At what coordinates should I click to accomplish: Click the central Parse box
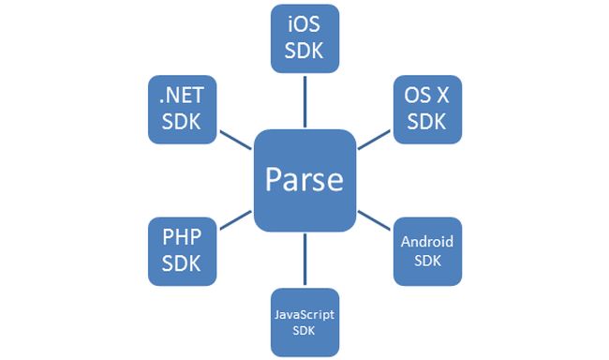[x=304, y=180]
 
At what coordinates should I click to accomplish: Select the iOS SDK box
[x=304, y=38]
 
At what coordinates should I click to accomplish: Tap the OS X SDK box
[x=427, y=110]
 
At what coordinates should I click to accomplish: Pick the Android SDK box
[x=427, y=250]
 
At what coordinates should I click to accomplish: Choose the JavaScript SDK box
[x=304, y=322]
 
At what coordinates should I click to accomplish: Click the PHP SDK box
[x=182, y=250]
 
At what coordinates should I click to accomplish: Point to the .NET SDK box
[x=182, y=110]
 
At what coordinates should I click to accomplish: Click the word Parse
[x=304, y=180]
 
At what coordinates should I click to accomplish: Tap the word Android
[x=427, y=242]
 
